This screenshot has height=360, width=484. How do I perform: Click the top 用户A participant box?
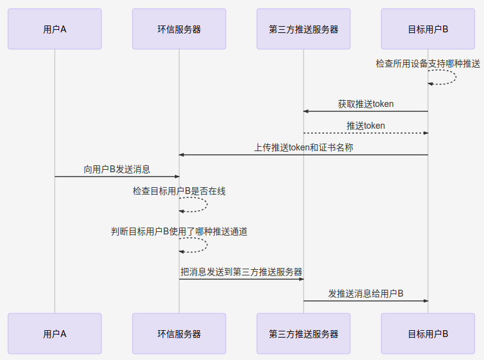coord(55,29)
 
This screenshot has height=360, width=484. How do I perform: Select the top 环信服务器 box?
coord(179,29)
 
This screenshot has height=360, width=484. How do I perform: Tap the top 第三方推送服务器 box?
coord(304,29)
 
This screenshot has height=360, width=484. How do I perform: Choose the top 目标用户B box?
coord(428,29)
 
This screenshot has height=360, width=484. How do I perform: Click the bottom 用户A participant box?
coord(55,334)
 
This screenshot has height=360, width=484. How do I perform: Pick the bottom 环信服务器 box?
coord(179,334)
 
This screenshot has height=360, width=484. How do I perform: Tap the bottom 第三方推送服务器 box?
coord(304,334)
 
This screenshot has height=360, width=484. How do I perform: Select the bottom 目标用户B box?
coord(428,334)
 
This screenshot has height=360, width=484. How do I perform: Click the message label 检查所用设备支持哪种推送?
coord(428,63)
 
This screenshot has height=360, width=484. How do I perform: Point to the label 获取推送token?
coord(366,104)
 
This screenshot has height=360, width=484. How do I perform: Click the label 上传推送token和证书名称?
coord(304,147)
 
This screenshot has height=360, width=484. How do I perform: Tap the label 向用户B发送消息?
coord(117,169)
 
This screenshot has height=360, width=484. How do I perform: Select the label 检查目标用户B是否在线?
coord(179,191)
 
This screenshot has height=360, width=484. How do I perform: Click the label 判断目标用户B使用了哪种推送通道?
coord(179,231)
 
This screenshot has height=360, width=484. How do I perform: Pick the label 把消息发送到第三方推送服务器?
coord(241,272)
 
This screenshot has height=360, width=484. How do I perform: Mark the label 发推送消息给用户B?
coord(366,293)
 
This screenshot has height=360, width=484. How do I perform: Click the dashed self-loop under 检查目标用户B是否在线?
coord(205,205)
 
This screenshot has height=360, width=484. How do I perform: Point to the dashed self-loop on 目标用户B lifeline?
coord(454,78)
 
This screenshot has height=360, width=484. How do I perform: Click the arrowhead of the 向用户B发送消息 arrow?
coord(177,177)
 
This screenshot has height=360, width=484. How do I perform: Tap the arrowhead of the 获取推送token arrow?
coord(306,111)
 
